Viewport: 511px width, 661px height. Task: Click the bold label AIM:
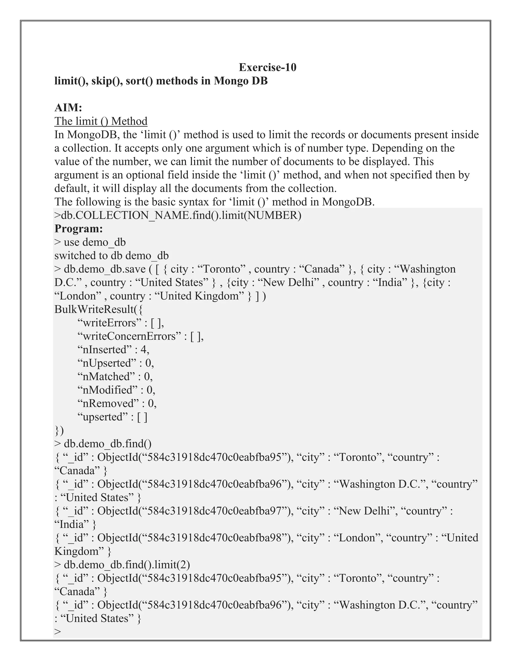tap(68, 108)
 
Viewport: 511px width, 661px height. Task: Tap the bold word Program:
tap(79, 228)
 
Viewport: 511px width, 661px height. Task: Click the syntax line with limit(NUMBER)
tap(178, 215)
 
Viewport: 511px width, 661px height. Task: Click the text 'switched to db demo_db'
tap(111, 255)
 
